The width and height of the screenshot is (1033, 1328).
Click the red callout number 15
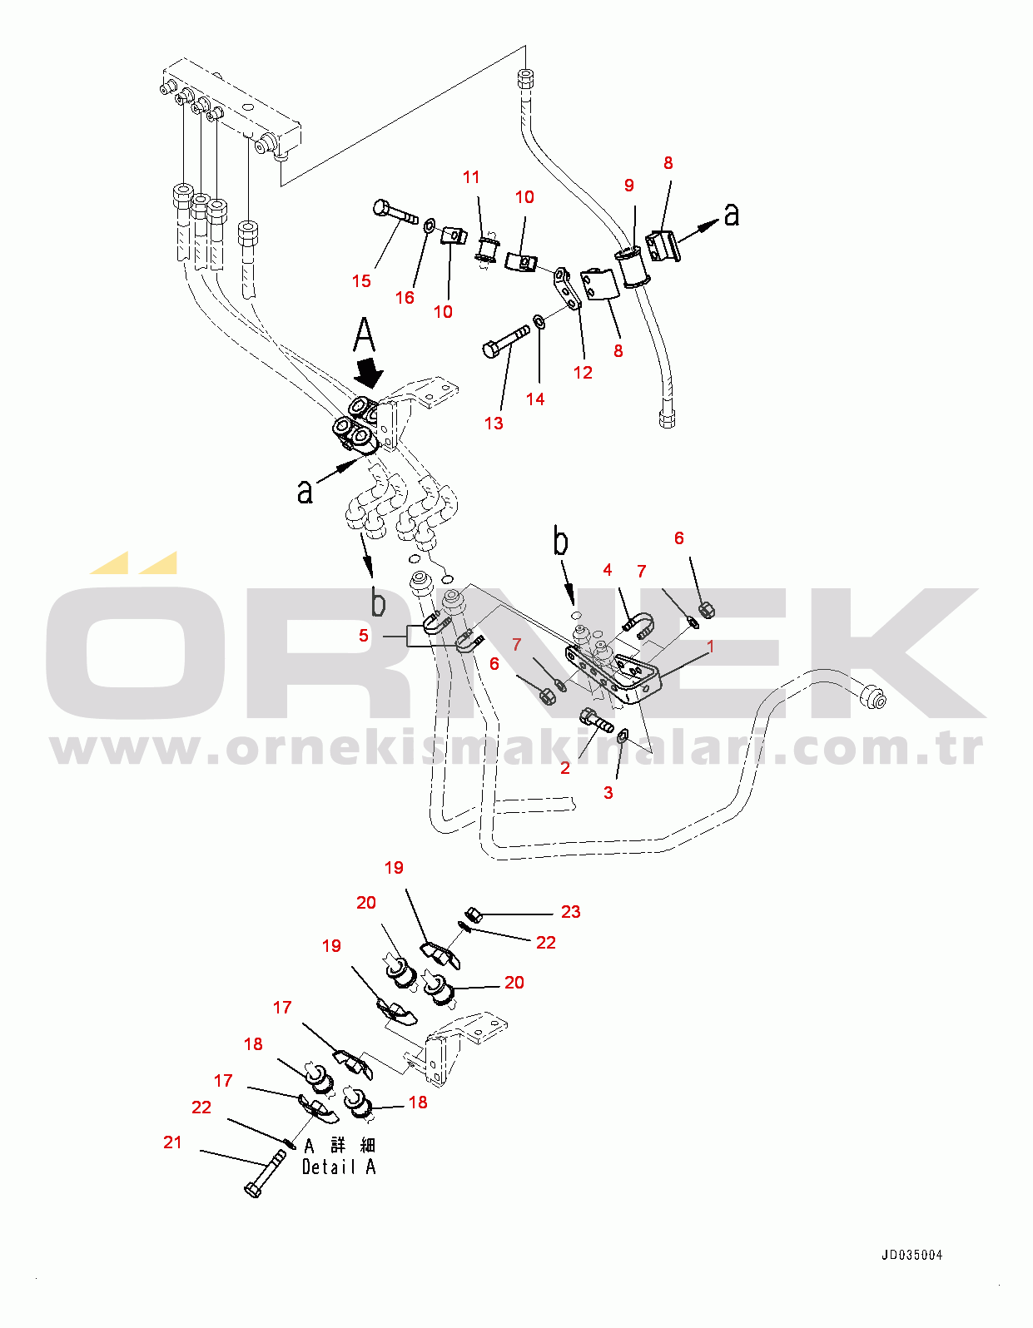pyautogui.click(x=361, y=281)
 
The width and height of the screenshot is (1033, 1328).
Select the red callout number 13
pyautogui.click(x=494, y=424)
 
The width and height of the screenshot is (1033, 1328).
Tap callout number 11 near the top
pyautogui.click(x=471, y=177)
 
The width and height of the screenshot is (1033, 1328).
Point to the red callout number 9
pyautogui.click(x=629, y=186)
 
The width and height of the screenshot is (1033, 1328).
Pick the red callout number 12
pyautogui.click(x=583, y=373)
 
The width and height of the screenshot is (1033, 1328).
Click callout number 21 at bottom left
pyautogui.click(x=172, y=1142)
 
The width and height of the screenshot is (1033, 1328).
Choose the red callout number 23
pyautogui.click(x=570, y=912)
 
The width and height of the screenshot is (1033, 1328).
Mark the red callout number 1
pyautogui.click(x=710, y=647)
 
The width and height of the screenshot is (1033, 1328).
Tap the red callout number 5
pyautogui.click(x=364, y=636)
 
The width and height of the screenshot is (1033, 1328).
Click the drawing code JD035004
pyautogui.click(x=911, y=1255)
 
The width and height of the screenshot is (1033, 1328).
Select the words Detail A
pyautogui.click(x=339, y=1167)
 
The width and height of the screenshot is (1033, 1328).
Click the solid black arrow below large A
pyautogui.click(x=368, y=372)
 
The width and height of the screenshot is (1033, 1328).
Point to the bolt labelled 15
pyautogui.click(x=395, y=211)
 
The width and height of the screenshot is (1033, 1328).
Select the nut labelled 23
pyautogui.click(x=473, y=914)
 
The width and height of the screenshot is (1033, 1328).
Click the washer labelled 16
pyautogui.click(x=429, y=225)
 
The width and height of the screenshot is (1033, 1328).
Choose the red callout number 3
pyautogui.click(x=608, y=793)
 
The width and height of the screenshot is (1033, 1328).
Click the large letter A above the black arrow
pyautogui.click(x=365, y=335)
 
